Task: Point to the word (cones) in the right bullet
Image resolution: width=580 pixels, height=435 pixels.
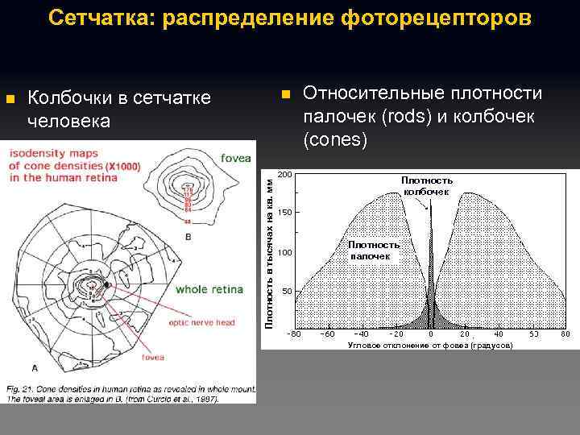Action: (x=335, y=140)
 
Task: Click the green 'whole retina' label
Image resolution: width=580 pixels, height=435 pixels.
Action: (x=213, y=288)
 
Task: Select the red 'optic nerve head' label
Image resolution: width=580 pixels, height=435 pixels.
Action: (x=201, y=322)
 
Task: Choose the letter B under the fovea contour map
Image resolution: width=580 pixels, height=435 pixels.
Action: (x=188, y=238)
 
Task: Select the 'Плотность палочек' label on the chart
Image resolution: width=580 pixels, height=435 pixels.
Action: (x=370, y=250)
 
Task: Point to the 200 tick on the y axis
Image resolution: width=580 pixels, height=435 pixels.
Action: (x=284, y=174)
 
